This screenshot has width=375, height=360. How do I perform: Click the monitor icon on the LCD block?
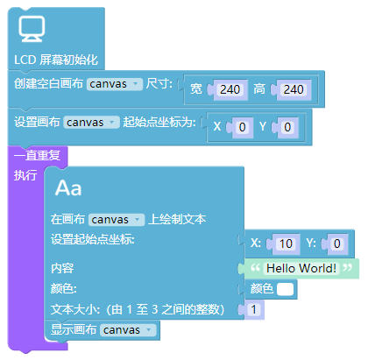[x=32, y=29]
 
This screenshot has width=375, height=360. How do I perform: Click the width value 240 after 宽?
[x=230, y=89]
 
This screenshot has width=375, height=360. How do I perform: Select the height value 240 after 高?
[x=294, y=89]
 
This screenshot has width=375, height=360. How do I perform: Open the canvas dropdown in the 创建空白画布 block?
[x=115, y=84]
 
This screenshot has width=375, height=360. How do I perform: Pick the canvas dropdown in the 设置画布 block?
[x=91, y=123]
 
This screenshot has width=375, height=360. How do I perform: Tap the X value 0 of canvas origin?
[x=242, y=127]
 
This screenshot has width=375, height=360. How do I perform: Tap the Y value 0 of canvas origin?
[x=287, y=127]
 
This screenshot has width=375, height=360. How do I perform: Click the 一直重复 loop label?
[x=37, y=155]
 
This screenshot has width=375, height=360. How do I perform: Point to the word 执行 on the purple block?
[x=25, y=175]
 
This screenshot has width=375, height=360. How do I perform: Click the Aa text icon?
[x=68, y=187]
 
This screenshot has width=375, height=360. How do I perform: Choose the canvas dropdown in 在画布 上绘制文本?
[x=117, y=220]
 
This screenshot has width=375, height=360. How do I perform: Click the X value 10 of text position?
[x=286, y=244]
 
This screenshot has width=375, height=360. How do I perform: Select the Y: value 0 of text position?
[x=336, y=244]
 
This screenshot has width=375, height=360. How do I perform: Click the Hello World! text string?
[x=301, y=268]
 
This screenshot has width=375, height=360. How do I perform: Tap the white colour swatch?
[x=285, y=289]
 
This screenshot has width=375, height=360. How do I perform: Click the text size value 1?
[x=253, y=309]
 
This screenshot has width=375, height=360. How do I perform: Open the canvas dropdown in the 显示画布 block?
[x=128, y=330]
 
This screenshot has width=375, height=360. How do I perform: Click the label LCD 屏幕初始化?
[x=56, y=60]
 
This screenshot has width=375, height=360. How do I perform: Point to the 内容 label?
[x=62, y=268]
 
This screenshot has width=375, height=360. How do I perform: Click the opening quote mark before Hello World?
[x=255, y=267]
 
